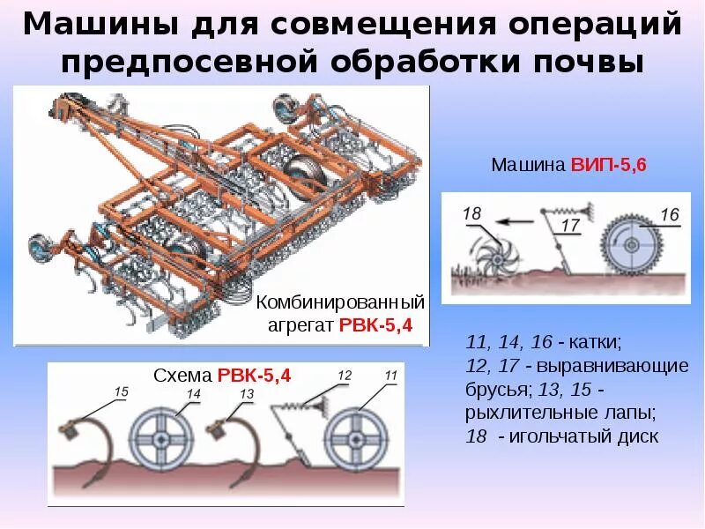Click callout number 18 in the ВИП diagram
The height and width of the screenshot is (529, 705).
[472, 214]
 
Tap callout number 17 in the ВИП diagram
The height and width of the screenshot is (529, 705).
[570, 227]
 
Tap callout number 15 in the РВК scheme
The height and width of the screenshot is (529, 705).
[122, 391]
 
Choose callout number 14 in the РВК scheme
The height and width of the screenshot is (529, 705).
[193, 393]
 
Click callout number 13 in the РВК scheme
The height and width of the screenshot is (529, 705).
[247, 393]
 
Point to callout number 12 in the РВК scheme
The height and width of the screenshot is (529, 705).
[345, 376]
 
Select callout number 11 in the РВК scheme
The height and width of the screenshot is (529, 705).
[390, 376]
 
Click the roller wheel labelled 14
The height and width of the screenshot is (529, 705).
[161, 436]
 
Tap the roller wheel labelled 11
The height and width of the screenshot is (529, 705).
[356, 436]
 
